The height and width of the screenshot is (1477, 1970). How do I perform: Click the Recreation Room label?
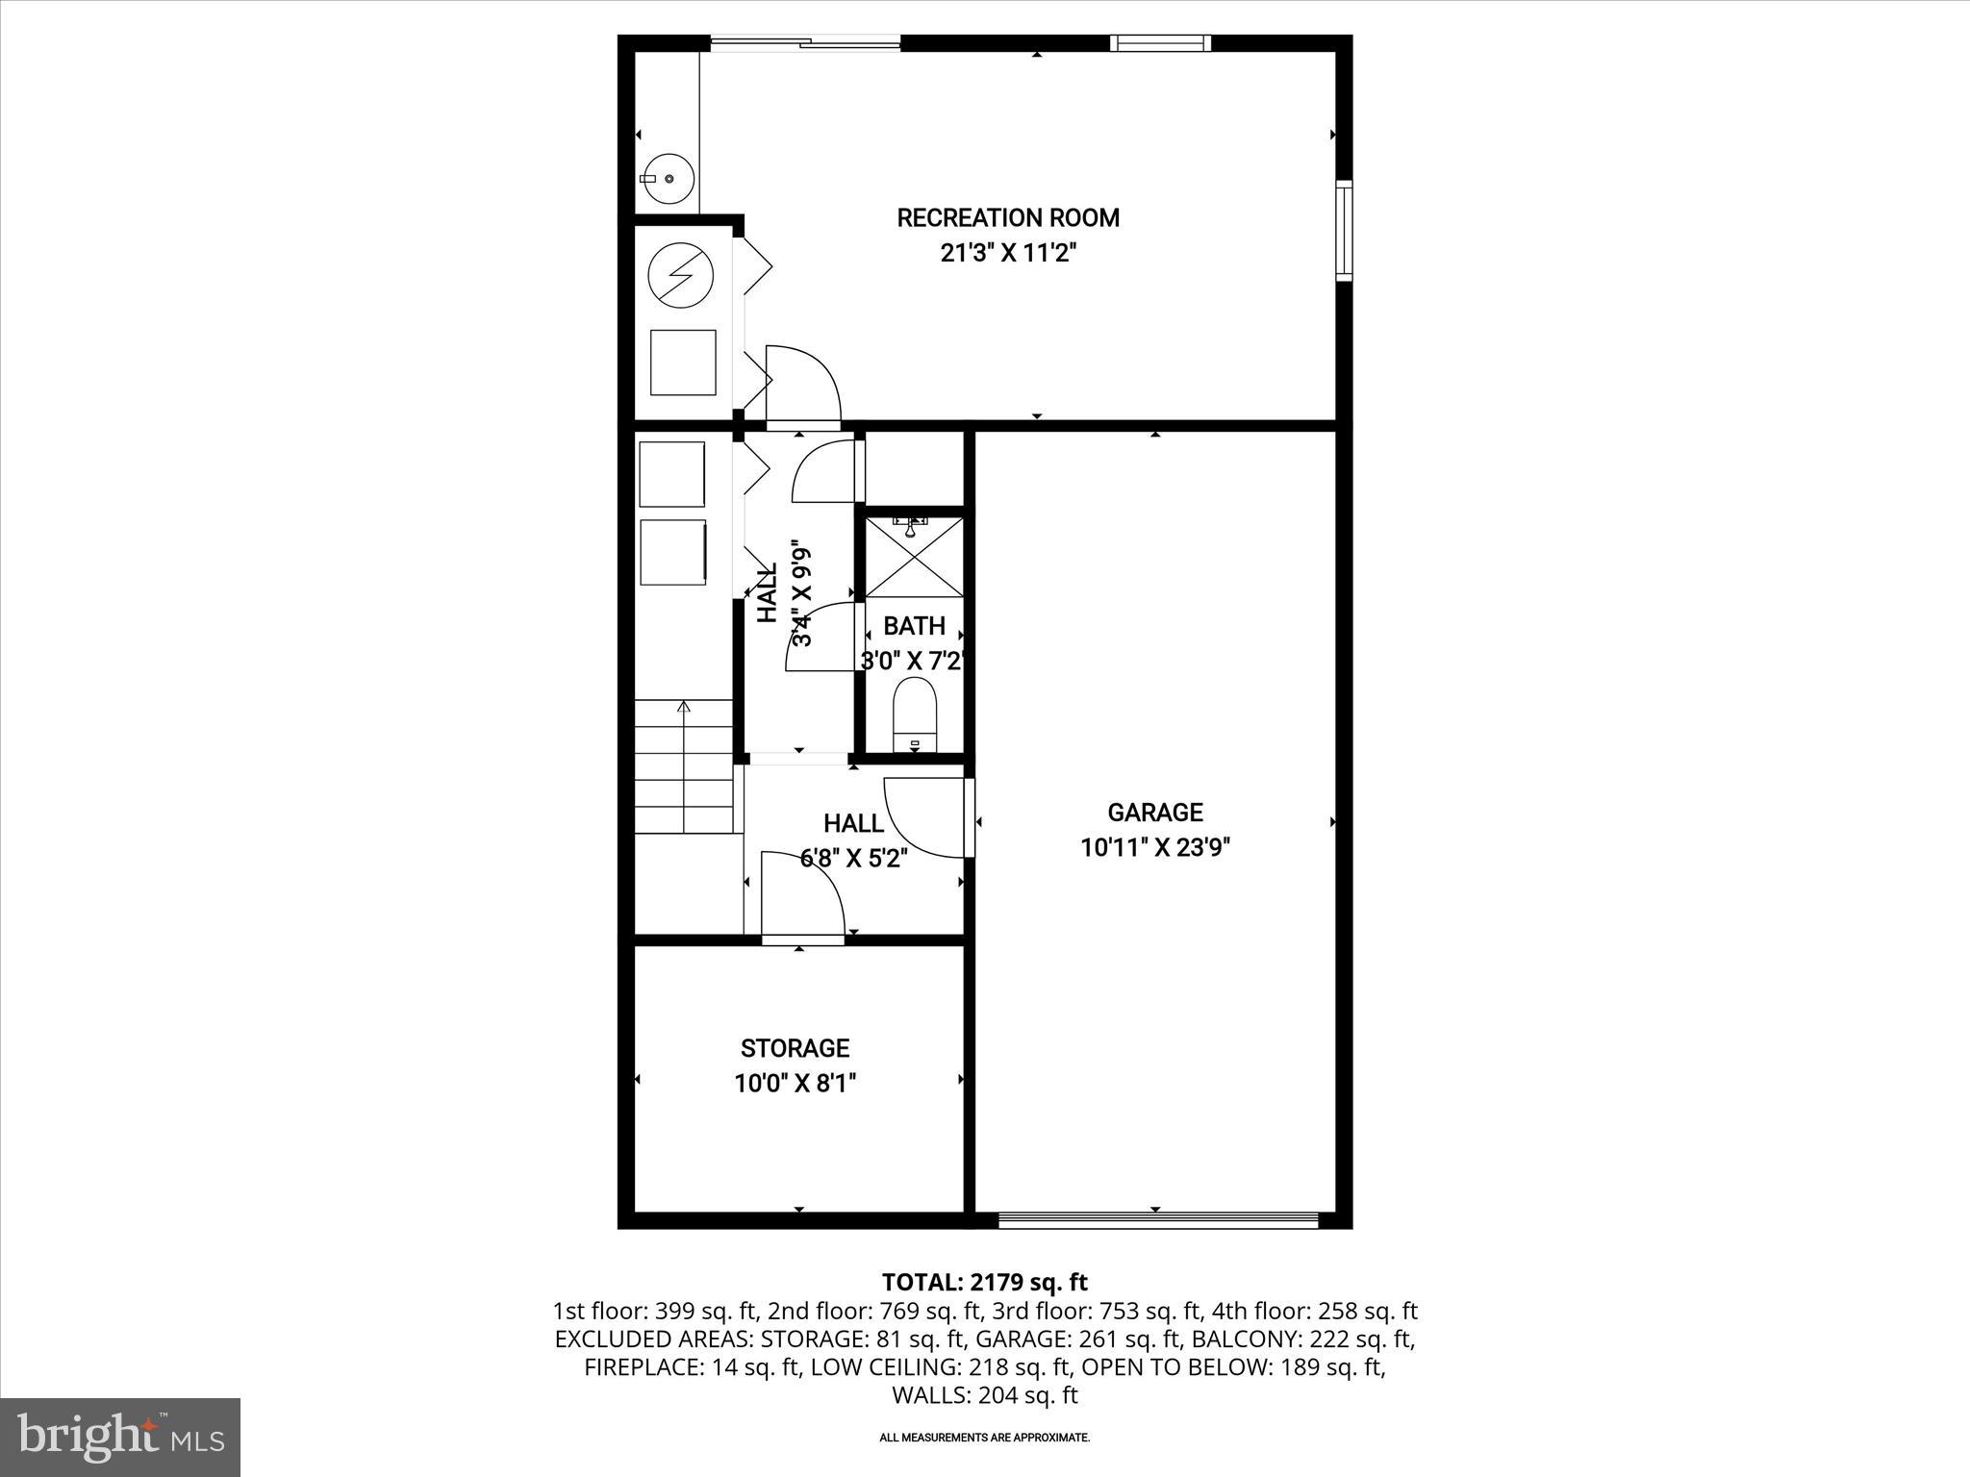tap(1008, 218)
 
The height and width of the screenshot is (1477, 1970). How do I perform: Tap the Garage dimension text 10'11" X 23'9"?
tap(1154, 848)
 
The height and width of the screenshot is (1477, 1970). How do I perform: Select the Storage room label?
tap(795, 1048)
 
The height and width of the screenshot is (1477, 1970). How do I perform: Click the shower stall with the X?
tap(915, 558)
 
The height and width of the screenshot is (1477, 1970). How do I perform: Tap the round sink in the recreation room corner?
tap(668, 179)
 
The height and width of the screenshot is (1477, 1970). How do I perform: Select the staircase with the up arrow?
tap(684, 766)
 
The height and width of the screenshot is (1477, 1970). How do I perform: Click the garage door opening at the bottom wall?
tap(1157, 1221)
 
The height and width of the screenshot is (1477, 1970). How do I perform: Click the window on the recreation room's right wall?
tap(1344, 231)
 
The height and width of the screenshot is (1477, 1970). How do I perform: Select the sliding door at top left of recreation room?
tap(805, 42)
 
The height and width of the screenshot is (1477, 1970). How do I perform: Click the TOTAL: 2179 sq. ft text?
tap(984, 1282)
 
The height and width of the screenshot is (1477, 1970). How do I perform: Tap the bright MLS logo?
tap(120, 1437)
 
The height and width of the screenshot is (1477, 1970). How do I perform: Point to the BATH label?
tap(914, 627)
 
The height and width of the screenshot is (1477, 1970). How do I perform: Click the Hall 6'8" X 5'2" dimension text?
tap(853, 859)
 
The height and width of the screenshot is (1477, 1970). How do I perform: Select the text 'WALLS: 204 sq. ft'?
tap(984, 1395)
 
